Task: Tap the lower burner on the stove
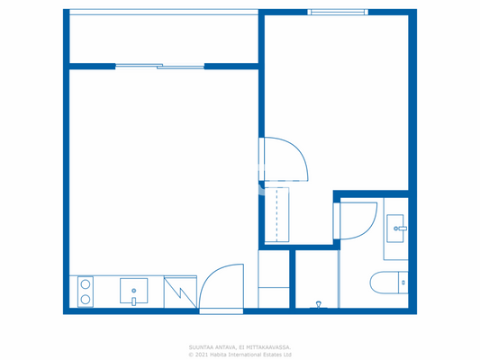(x=86, y=299)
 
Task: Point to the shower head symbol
(x=317, y=303)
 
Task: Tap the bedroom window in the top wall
(x=337, y=12)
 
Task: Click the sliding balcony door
(x=159, y=66)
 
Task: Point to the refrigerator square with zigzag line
(x=180, y=291)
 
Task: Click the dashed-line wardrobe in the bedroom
(x=276, y=215)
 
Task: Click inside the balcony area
(x=162, y=38)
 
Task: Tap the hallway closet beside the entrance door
(x=274, y=279)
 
